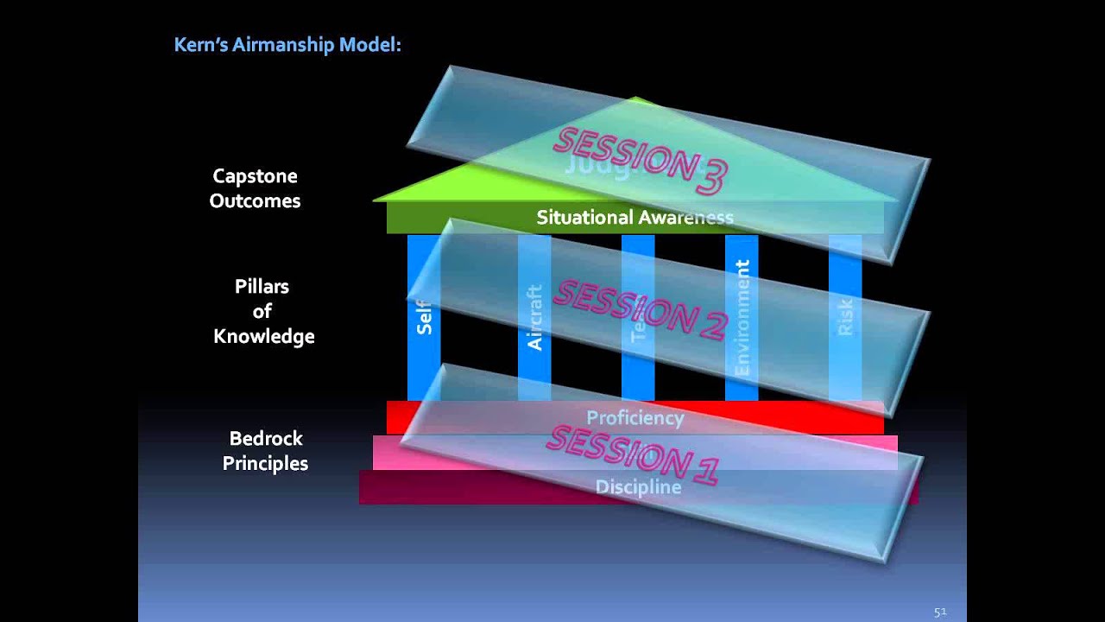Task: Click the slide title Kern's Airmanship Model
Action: [x=287, y=45]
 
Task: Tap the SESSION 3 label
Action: [x=641, y=160]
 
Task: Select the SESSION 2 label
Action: [x=641, y=309]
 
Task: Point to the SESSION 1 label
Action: [x=633, y=454]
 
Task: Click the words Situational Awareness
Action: [x=635, y=218]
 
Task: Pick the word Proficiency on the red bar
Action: [x=635, y=418]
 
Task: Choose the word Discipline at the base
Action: [x=638, y=487]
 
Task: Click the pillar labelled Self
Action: [x=424, y=317]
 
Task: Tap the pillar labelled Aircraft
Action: [x=534, y=317]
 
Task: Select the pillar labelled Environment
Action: [x=742, y=317]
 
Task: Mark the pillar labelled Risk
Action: [x=845, y=317]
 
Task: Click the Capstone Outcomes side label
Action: [x=255, y=188]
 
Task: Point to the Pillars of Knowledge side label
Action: [x=263, y=311]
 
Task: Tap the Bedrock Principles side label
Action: [x=265, y=451]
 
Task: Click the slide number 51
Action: [x=940, y=612]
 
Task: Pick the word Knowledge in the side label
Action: [x=263, y=336]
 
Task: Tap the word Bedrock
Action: [x=266, y=438]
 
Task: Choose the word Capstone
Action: [x=255, y=176]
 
